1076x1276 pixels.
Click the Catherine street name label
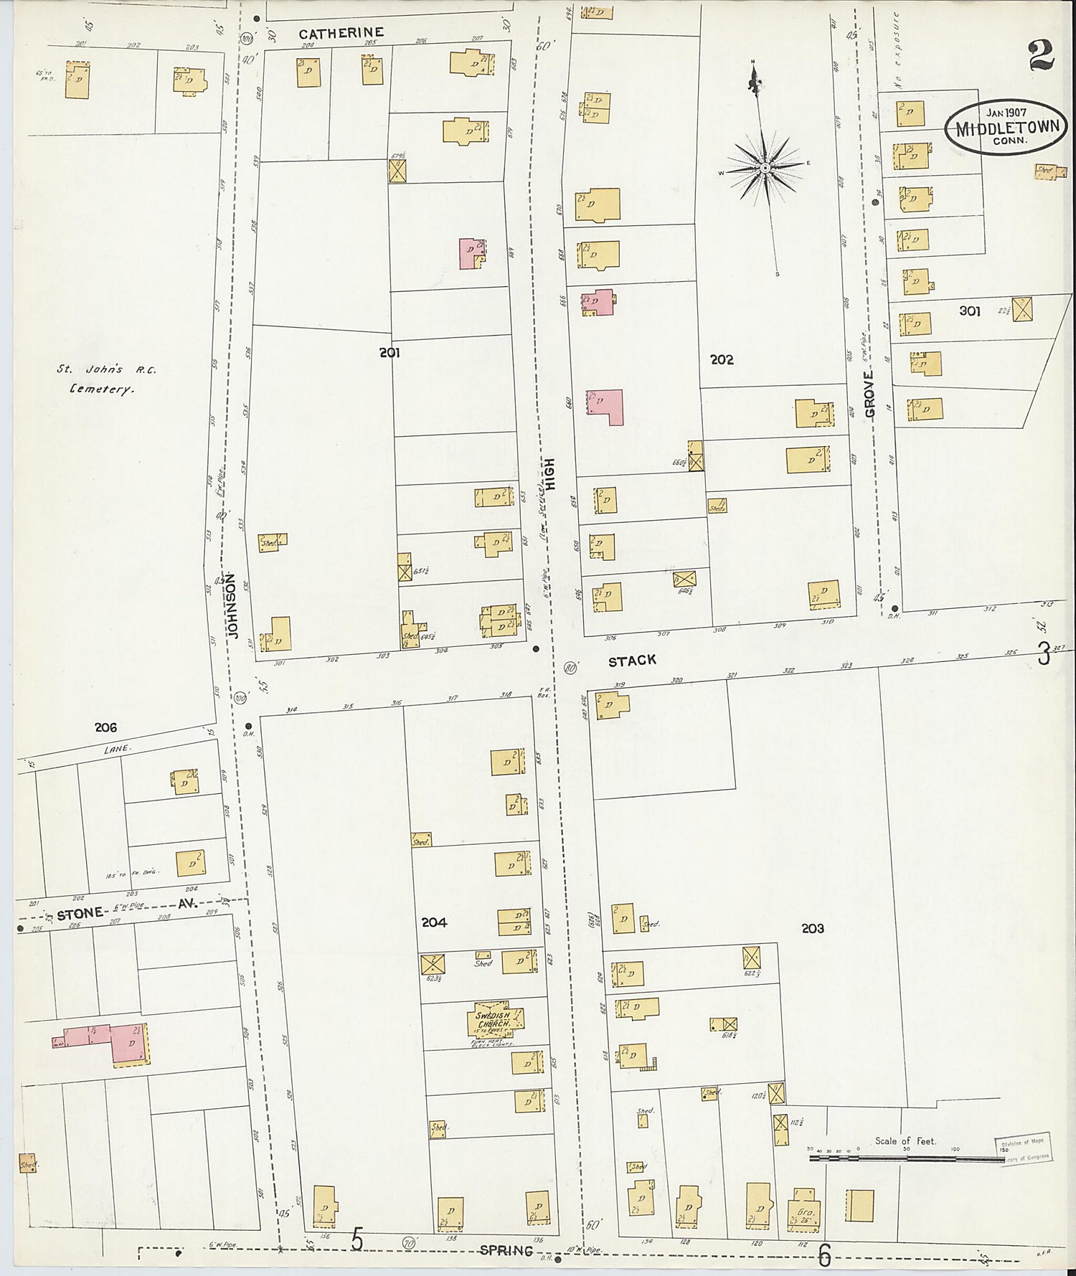tap(341, 33)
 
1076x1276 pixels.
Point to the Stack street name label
tap(632, 661)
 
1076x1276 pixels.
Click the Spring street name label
tap(507, 1250)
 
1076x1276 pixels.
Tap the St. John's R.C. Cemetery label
tap(107, 379)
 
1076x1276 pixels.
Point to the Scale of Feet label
tap(905, 1140)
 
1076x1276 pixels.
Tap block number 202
tap(722, 360)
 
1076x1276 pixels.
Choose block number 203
tap(813, 929)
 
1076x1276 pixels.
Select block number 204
tap(434, 922)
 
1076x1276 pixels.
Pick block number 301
tap(969, 311)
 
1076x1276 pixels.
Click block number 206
tap(105, 727)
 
